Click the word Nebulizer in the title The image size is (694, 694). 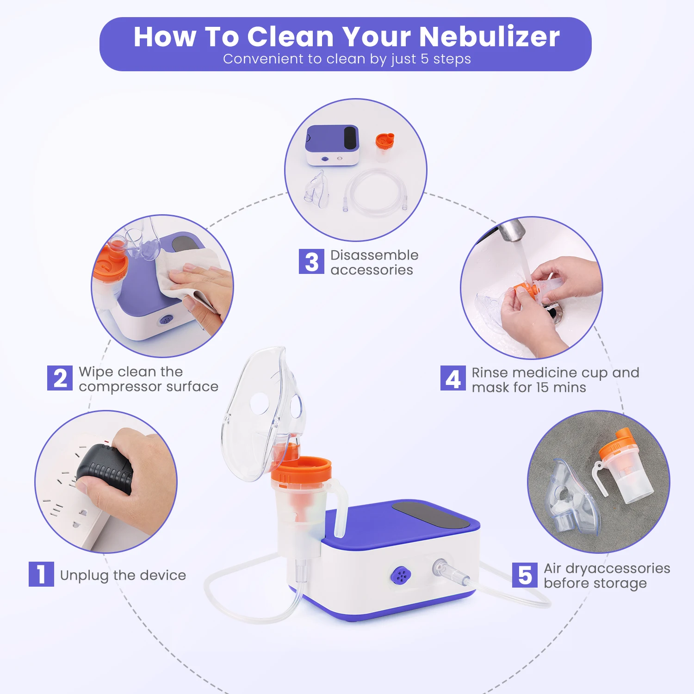(x=490, y=37)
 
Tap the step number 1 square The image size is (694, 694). (x=41, y=574)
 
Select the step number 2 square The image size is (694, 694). (x=60, y=378)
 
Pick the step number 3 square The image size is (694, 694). (x=311, y=261)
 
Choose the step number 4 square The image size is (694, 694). (x=453, y=378)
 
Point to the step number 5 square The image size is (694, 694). (x=525, y=575)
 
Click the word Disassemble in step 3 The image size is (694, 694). (x=374, y=255)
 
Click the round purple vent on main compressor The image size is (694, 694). (x=401, y=576)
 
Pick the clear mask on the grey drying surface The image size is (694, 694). (x=570, y=497)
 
